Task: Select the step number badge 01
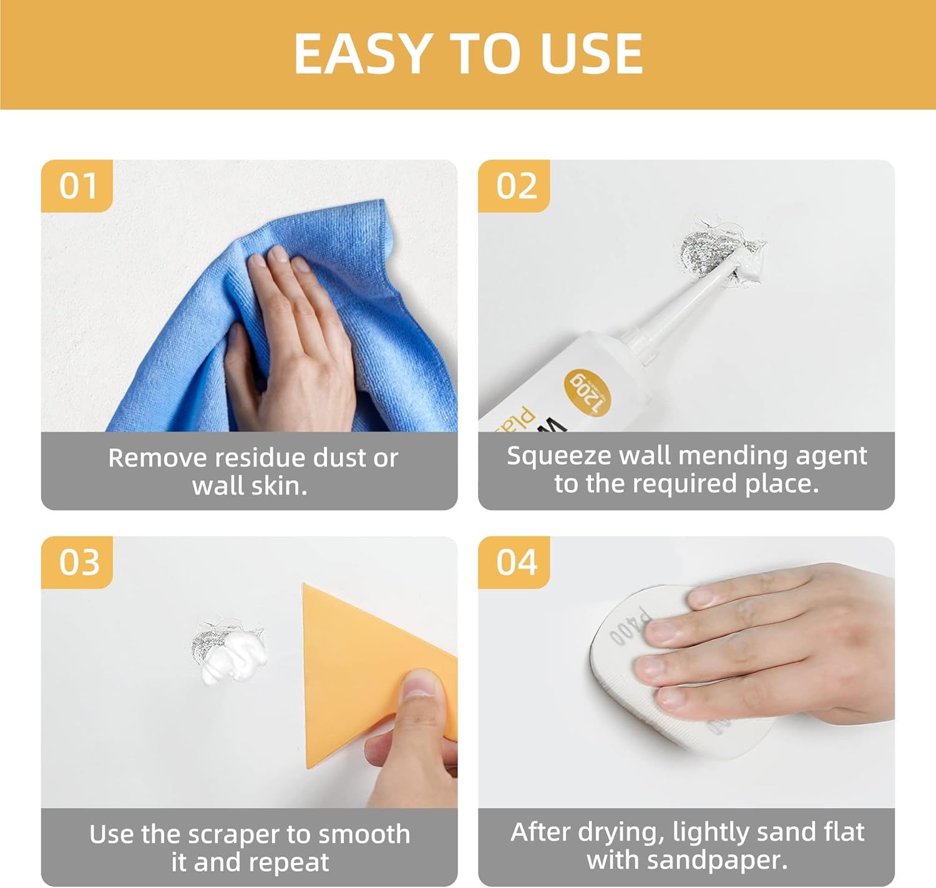[x=77, y=186]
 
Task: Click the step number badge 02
[x=515, y=186]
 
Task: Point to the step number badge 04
[x=515, y=562]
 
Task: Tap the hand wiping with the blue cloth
[x=293, y=337]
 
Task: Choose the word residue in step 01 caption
[x=261, y=458]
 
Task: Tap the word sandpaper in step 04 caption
[x=716, y=861]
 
